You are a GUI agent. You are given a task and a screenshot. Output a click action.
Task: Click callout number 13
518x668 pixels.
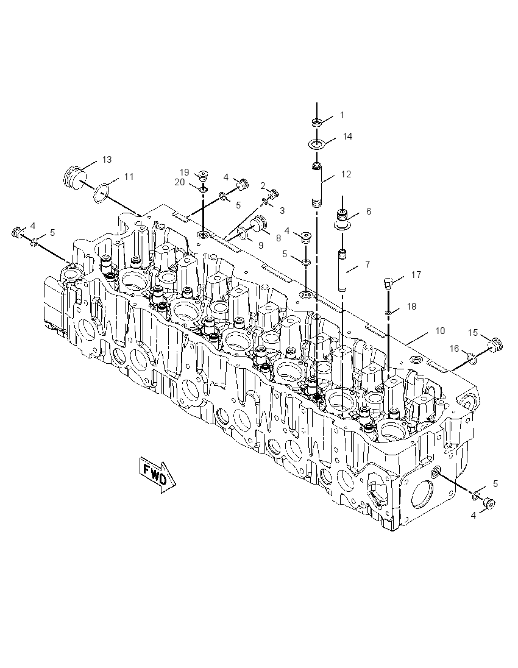pos(107,159)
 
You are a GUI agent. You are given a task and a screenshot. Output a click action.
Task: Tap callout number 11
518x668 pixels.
pos(129,176)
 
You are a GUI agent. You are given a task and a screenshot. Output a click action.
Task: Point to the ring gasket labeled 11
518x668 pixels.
pos(101,191)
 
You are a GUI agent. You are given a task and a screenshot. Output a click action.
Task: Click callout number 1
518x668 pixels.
pos(342,115)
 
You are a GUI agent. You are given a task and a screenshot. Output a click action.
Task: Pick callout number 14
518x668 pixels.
pos(347,137)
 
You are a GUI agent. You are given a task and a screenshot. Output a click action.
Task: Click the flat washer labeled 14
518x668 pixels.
pos(316,144)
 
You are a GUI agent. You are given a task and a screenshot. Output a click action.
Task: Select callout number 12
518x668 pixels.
pos(346,174)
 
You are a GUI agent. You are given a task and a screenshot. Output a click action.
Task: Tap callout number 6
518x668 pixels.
pos(369,211)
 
